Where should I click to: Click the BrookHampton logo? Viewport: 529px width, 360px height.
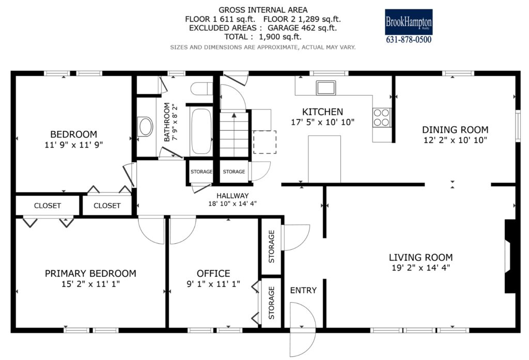point(409,22)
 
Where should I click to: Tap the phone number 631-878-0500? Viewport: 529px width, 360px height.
point(409,39)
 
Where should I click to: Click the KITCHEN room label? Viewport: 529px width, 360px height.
point(322,112)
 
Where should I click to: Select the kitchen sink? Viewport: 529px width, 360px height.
point(326,88)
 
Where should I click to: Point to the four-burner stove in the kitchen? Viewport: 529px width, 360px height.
point(382,117)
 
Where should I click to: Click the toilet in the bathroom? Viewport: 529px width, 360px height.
point(201,89)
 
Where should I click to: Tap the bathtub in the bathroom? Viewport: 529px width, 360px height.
point(201,131)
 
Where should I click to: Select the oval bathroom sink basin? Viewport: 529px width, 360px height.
point(145,127)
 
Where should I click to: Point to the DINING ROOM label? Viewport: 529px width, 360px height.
point(455,130)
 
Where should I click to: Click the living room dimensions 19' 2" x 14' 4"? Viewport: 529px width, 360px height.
point(421,268)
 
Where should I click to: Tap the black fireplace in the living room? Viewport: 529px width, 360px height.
point(510,256)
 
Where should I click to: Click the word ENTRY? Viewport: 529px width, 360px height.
point(303,290)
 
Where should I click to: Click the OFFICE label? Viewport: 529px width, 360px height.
point(213,273)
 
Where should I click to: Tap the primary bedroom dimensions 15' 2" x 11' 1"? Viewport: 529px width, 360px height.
point(90,284)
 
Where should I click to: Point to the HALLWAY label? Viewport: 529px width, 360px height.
point(232,196)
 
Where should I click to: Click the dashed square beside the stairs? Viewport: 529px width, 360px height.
point(265,142)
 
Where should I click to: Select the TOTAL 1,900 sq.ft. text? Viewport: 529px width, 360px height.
point(263,37)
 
